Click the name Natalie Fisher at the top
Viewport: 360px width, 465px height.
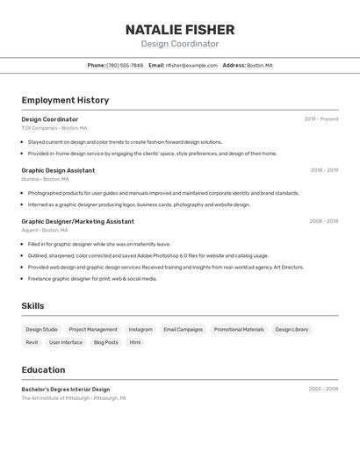[x=180, y=29]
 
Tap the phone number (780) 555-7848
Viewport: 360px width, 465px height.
[x=125, y=65]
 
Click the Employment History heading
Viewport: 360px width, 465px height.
[x=65, y=100]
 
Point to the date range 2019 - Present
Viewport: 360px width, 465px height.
[x=321, y=119]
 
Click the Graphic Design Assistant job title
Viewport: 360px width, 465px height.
[x=58, y=170]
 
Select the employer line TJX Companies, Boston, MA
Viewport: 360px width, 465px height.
[x=54, y=127]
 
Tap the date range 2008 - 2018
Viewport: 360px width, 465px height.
[x=323, y=221]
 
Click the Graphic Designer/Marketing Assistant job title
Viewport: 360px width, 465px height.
[x=77, y=221]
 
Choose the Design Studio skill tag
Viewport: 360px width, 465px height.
[x=42, y=330]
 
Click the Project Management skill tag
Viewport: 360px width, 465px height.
[x=93, y=330]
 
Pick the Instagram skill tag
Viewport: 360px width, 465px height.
[x=140, y=330]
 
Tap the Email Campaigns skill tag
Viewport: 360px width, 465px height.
[x=183, y=330]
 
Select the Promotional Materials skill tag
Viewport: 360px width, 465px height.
[x=239, y=330]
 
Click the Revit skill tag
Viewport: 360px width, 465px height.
[x=32, y=342]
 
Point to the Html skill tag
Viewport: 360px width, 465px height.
[x=135, y=342]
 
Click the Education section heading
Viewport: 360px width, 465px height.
[x=43, y=369]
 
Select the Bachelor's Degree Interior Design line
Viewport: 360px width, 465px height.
[x=66, y=389]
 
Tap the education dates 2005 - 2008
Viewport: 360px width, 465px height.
[x=323, y=389]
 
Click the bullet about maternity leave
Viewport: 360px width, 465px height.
[x=99, y=244]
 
